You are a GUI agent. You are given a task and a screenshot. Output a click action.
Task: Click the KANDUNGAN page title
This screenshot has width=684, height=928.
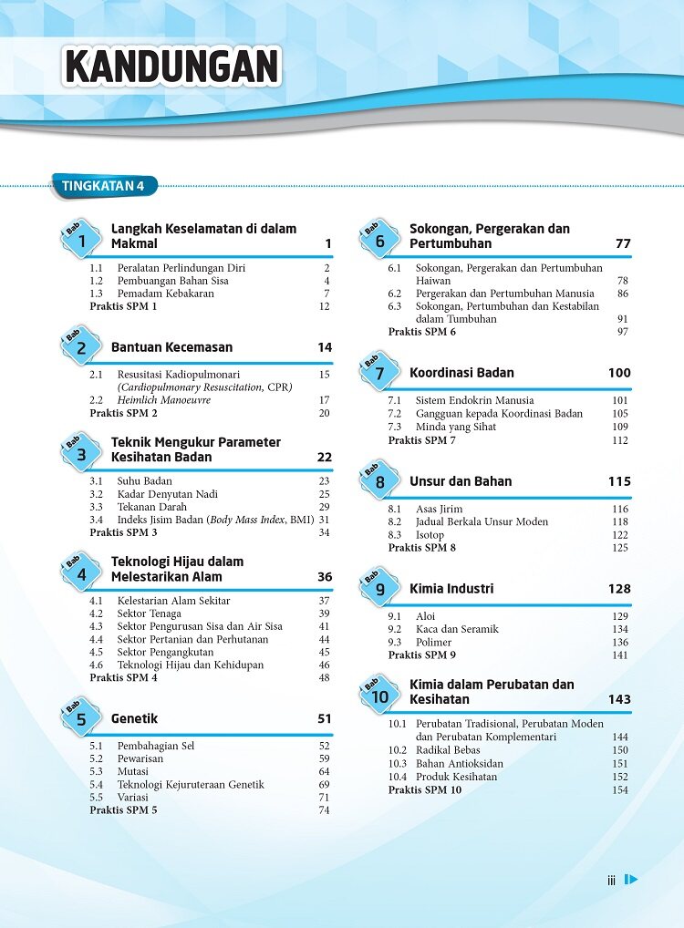pos(172,67)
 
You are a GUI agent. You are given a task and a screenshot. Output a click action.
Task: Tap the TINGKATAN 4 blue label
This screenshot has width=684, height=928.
pos(103,187)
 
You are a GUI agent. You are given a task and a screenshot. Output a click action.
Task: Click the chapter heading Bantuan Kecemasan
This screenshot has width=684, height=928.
pos(171,347)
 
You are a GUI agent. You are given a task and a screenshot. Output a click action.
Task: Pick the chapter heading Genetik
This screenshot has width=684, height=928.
pos(135,719)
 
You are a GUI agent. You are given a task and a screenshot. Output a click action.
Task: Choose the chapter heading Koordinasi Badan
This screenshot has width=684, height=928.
pos(461,373)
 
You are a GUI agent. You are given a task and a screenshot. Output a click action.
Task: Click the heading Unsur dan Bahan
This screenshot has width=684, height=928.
pos(461,481)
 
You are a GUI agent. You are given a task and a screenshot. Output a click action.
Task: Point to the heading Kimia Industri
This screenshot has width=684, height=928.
pos(451,589)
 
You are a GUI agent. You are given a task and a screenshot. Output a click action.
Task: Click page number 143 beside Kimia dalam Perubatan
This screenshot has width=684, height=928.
pos(619,700)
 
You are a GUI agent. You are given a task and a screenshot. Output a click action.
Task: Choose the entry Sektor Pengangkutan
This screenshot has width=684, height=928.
pos(165,652)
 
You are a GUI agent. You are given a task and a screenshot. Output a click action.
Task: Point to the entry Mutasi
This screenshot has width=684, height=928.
pos(134,771)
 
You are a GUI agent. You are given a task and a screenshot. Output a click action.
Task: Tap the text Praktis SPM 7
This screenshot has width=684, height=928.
pos(421,440)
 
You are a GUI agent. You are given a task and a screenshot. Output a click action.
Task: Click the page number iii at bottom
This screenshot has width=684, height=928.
pos(612,881)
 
